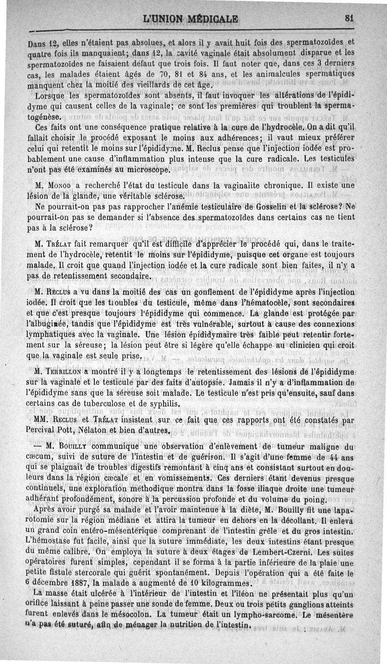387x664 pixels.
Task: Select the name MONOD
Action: coord(60,185)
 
